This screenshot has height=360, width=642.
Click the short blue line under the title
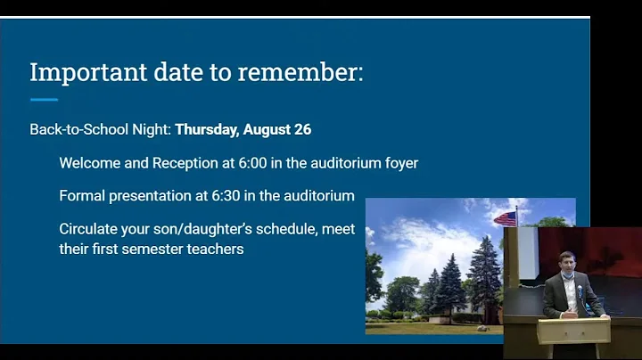(44, 99)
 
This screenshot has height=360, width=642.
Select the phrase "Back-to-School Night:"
(100, 129)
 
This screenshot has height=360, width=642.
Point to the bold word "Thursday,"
(206, 129)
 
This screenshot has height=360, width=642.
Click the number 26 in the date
(302, 129)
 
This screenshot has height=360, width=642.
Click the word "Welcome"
(90, 163)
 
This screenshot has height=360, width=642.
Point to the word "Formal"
(82, 195)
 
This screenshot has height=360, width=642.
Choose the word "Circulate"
(90, 229)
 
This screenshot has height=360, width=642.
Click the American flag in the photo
(505, 217)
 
